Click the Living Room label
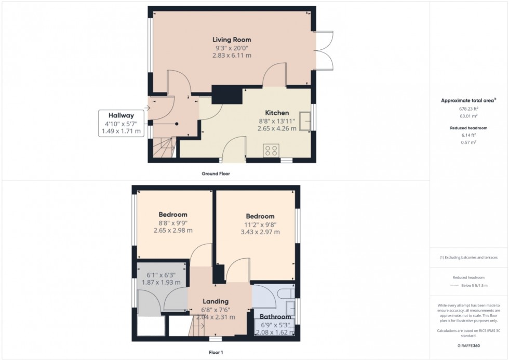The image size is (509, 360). coord(232,39)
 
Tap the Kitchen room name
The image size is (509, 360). coord(277,113)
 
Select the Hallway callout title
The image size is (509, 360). coord(121,115)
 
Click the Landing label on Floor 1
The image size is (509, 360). coord(216,301)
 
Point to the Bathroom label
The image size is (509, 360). coord(275,316)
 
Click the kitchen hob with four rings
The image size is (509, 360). coord(271,150)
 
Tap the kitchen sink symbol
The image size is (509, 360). coord(305,121)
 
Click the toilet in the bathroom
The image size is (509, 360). coord(286,292)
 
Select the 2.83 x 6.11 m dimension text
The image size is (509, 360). coord(232,56)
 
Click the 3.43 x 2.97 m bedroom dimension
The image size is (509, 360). coord(260,232)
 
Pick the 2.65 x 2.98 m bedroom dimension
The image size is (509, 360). coord(173,231)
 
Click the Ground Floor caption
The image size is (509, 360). coord(216,174)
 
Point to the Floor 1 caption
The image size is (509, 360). coord(216,352)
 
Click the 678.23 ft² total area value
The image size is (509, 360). coord(468,109)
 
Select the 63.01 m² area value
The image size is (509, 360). coord(468,116)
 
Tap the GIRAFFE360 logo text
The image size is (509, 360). coord(468,346)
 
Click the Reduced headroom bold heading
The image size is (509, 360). coord(468,128)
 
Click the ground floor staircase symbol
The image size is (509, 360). coord(164,147)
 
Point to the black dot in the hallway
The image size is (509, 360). coord(177,124)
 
